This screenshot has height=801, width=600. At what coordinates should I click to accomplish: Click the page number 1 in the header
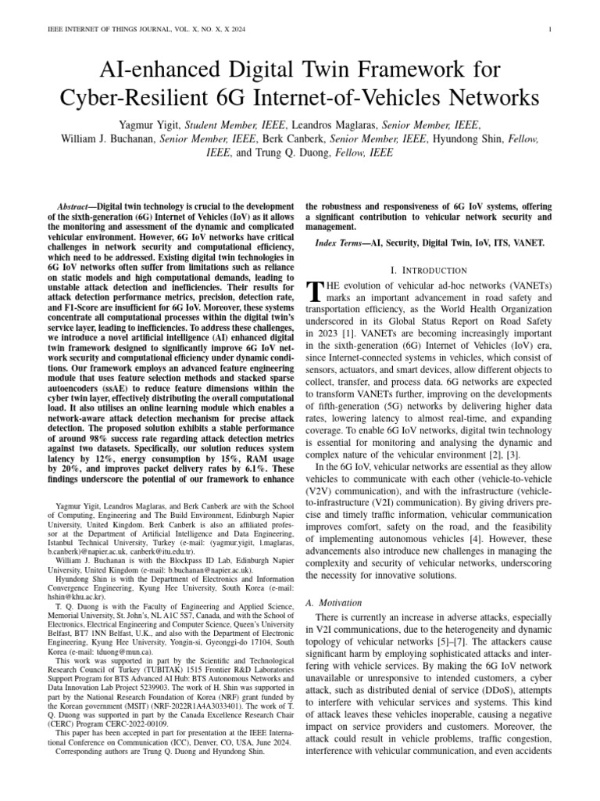552,30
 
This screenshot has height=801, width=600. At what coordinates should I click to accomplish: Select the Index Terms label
342,244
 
